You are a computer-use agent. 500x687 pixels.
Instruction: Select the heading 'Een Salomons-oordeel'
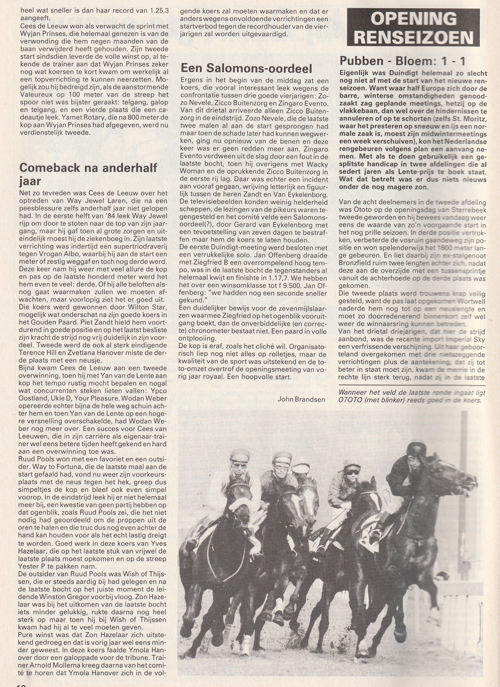[246, 69]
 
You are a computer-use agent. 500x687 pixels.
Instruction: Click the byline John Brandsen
[301, 399]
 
